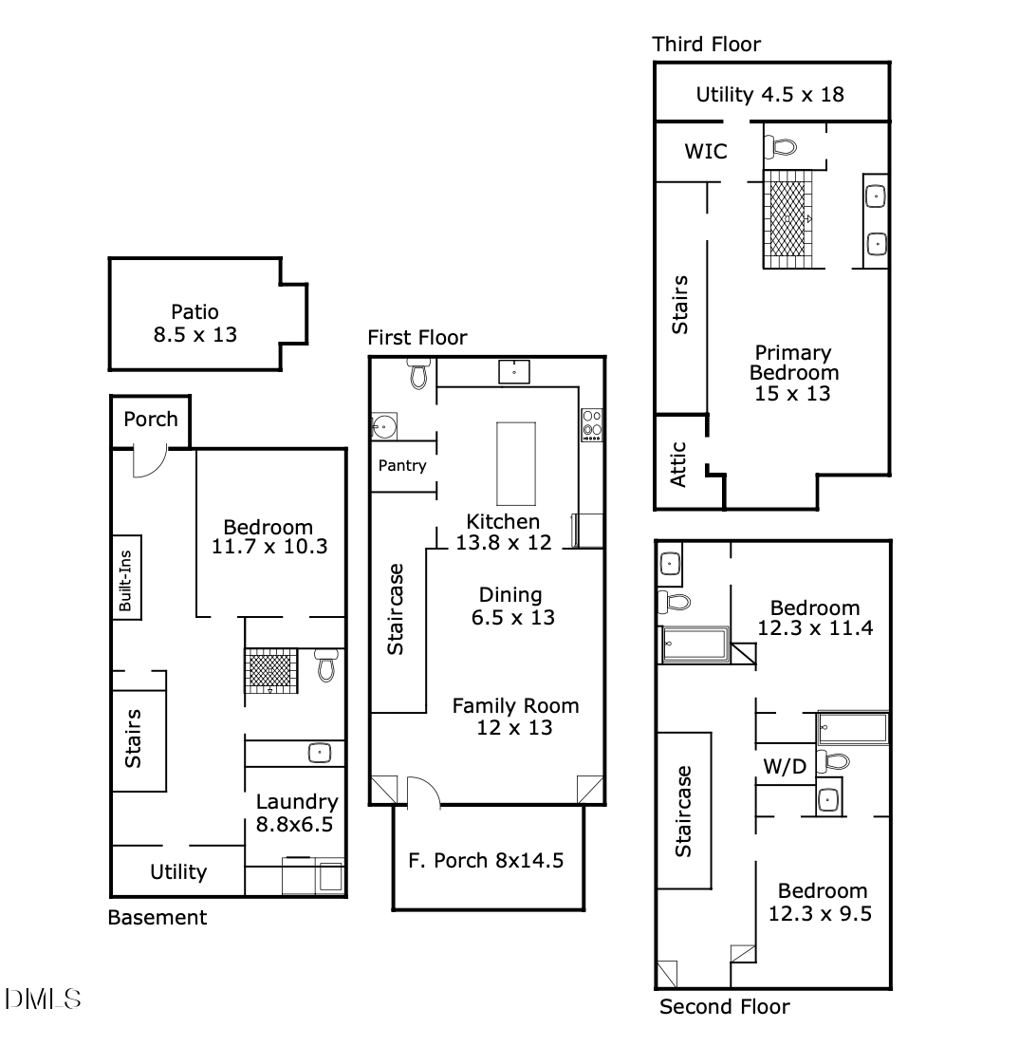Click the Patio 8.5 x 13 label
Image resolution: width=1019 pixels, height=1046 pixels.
pos(195,323)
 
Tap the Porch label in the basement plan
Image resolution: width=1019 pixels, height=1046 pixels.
pos(151,419)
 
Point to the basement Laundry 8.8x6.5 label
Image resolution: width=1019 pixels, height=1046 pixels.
pos(297,813)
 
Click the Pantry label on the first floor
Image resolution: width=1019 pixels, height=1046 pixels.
pos(402,466)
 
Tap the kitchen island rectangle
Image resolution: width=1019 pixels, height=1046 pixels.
pos(516,463)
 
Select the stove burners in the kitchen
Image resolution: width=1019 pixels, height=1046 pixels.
pos(592,425)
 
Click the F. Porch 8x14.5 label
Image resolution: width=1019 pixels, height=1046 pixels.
pos(486,861)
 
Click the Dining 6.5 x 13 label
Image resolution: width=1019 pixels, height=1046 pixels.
pos(512,606)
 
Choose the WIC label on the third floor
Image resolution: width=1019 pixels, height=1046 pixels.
pos(706,152)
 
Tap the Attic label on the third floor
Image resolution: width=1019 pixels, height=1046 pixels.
pos(678,464)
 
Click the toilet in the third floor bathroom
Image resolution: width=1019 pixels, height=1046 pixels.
pos(781,146)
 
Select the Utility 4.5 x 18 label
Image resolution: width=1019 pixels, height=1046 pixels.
pos(770,95)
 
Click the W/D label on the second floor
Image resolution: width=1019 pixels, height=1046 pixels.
pos(785,767)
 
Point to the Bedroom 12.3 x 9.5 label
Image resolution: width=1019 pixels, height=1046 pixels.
pos(821,902)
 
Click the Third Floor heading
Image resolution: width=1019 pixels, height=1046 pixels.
pos(706,44)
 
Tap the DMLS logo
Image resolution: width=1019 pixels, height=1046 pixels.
pos(43,999)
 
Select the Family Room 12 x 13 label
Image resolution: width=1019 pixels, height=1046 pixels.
pos(515,717)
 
